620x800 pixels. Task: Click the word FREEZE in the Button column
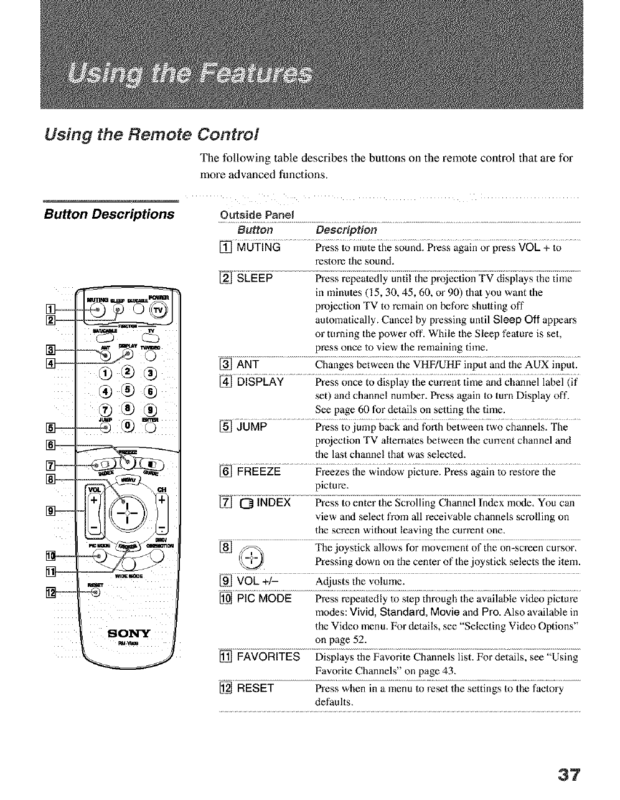click(x=259, y=472)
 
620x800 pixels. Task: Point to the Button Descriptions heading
click(x=109, y=214)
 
